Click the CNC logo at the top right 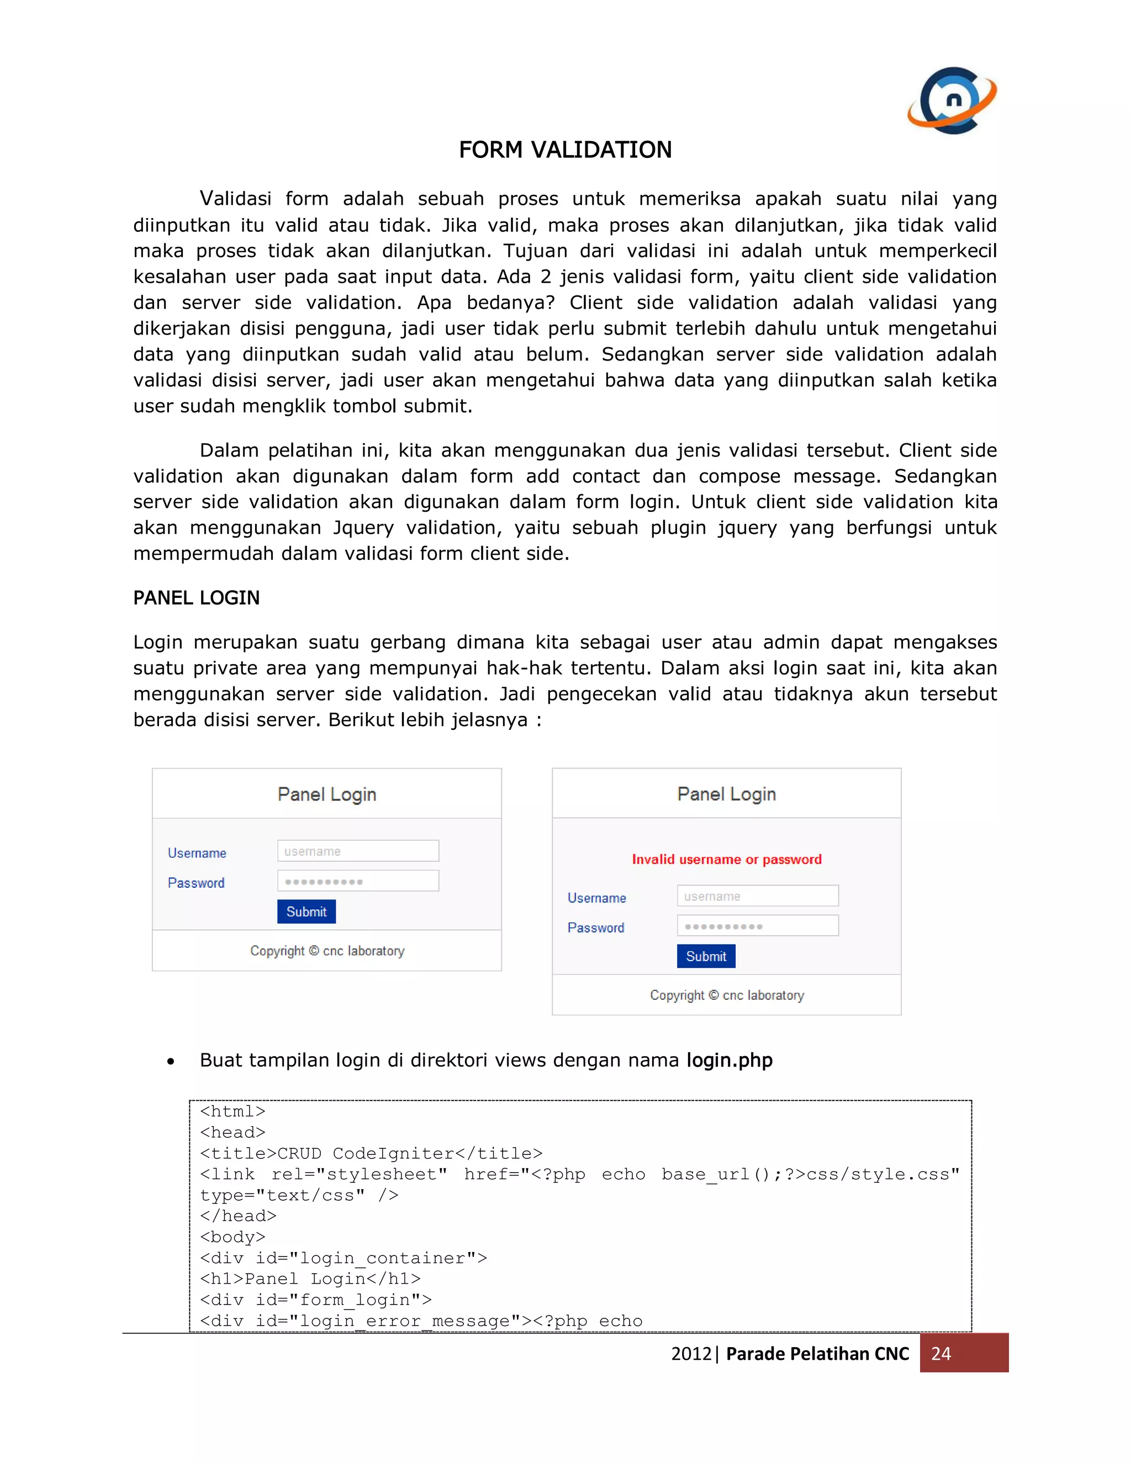[x=952, y=100]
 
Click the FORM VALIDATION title [x=565, y=150]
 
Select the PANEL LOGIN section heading [x=196, y=597]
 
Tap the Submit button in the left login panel [x=306, y=911]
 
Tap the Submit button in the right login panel [x=706, y=956]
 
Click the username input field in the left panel [x=358, y=851]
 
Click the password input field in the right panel [x=757, y=926]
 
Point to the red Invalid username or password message [x=726, y=860]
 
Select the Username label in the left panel [x=197, y=853]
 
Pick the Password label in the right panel [x=596, y=928]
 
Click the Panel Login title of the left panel [x=327, y=794]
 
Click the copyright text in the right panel [x=726, y=995]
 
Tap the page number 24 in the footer [x=940, y=1353]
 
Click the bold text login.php [x=729, y=1060]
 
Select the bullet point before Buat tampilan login [x=171, y=1061]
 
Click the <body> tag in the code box [x=232, y=1237]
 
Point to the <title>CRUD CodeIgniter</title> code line [x=371, y=1153]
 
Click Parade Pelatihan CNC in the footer [x=817, y=1354]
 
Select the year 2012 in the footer [x=691, y=1354]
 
